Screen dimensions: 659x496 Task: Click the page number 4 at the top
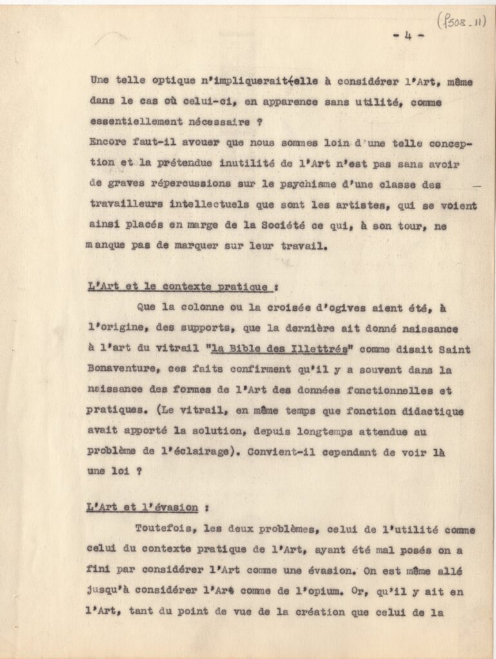point(408,35)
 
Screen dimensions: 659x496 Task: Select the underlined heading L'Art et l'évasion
point(142,508)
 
